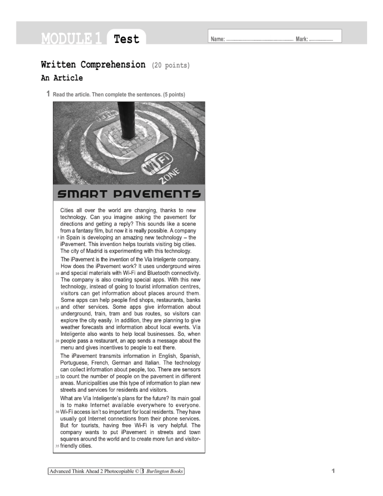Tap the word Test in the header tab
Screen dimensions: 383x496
tap(126, 39)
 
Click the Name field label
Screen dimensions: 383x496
tap(218, 39)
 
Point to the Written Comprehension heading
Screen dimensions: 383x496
tap(93, 65)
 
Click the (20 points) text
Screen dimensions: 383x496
tap(170, 65)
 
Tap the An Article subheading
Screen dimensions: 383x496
tap(62, 78)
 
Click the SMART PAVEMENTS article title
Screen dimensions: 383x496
tap(129, 193)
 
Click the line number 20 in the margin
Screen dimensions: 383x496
tap(57, 341)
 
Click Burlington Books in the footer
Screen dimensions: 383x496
tap(164, 472)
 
